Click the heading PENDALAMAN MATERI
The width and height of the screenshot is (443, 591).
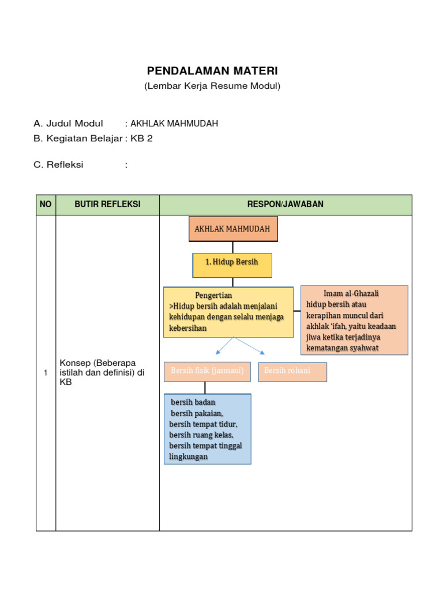[212, 71]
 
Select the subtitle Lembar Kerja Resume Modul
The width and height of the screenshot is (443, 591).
[212, 86]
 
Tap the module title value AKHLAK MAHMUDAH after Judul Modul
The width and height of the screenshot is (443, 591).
[174, 124]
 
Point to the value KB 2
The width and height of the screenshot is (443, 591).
[142, 139]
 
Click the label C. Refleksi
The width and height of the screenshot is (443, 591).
[58, 165]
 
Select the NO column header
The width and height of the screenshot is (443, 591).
[46, 204]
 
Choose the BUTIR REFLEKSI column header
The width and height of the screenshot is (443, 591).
[107, 204]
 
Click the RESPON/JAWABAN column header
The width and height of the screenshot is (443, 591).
[286, 204]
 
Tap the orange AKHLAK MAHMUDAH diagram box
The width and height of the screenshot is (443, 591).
[232, 229]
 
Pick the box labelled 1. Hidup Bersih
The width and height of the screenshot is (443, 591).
[232, 262]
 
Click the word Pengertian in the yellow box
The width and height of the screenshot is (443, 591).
[213, 295]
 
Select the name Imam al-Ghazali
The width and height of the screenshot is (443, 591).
[351, 294]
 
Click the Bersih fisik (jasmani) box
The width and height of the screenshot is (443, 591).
[207, 371]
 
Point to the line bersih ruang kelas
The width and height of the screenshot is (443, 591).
[201, 435]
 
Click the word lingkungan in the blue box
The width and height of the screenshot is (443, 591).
[188, 457]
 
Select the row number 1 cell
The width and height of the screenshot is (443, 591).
[46, 373]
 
